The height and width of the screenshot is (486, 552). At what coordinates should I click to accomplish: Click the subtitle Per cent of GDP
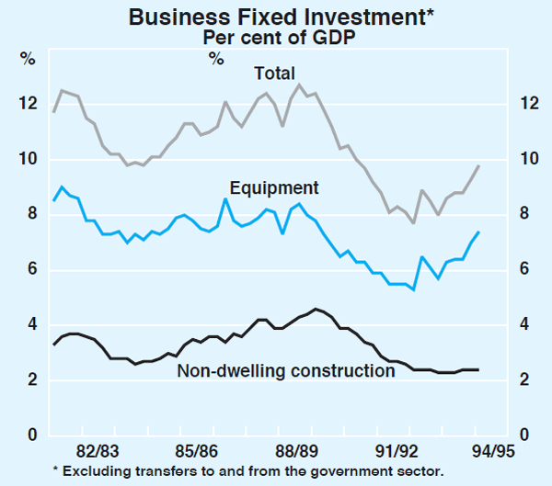click(x=275, y=38)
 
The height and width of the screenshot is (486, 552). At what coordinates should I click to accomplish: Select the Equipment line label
click(x=274, y=188)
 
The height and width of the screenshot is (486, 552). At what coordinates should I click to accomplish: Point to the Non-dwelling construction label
click(x=286, y=371)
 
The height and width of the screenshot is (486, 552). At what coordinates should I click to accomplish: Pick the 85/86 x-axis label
click(x=197, y=452)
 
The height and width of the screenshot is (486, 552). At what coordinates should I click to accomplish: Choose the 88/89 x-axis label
click(x=296, y=452)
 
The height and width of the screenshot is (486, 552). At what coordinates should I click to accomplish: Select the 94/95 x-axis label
click(x=493, y=452)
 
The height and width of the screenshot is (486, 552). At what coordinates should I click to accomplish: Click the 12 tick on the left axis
click(x=28, y=104)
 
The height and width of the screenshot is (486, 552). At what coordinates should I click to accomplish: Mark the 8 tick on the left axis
click(x=31, y=215)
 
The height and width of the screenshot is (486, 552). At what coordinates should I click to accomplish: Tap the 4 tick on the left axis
click(x=31, y=325)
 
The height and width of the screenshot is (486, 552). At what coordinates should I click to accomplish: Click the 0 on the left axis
click(x=31, y=435)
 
